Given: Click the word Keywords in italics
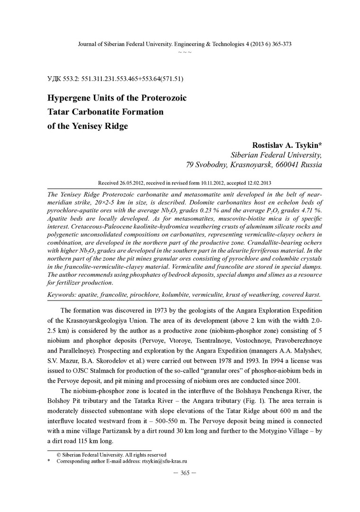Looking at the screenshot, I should (65, 294).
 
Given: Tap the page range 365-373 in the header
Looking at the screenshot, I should (279, 44).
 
